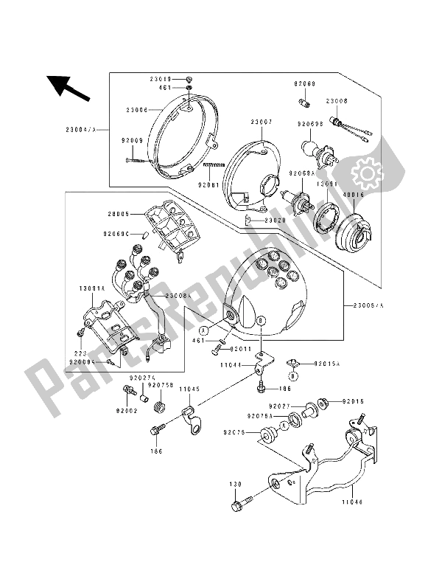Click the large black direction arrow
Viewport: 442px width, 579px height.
(x=68, y=88)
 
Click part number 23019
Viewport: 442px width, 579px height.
(x=161, y=78)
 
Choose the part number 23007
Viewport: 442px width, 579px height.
(x=261, y=121)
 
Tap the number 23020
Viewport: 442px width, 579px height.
(x=267, y=220)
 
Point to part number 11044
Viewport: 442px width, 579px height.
(x=234, y=364)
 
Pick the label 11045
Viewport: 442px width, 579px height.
(x=189, y=389)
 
